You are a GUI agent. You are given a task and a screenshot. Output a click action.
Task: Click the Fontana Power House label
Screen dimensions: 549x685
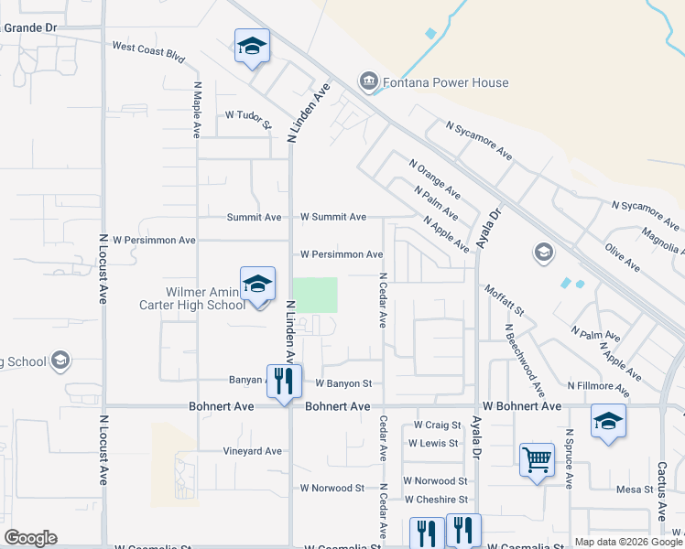[446, 82]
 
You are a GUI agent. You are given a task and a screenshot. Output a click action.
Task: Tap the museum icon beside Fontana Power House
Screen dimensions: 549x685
[368, 82]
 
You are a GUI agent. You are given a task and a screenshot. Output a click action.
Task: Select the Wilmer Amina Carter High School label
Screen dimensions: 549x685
[192, 298]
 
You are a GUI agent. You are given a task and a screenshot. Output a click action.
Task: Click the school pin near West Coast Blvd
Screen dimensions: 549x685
[252, 46]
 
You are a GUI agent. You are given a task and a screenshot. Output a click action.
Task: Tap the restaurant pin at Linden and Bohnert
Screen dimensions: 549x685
[284, 379]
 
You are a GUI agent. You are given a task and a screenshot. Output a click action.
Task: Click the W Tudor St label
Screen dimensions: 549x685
[248, 116]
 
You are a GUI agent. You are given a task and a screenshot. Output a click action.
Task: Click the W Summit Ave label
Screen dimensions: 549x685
[333, 217]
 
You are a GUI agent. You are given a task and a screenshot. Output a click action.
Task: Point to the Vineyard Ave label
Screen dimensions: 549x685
[252, 451]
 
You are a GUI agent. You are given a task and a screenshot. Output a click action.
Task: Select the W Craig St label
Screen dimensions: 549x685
[437, 425]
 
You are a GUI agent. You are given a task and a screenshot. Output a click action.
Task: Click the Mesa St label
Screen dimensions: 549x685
[634, 490]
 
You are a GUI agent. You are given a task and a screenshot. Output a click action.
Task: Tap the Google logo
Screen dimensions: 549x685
[30, 537]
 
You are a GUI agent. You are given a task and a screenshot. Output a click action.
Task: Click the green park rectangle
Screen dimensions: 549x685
[314, 295]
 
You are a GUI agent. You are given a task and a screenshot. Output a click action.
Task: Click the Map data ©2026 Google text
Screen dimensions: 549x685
[627, 542]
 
